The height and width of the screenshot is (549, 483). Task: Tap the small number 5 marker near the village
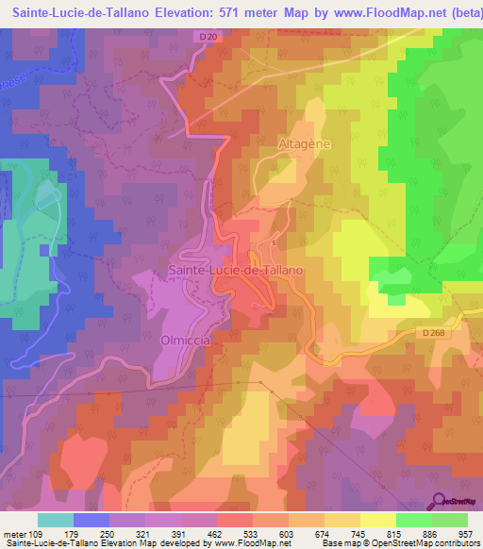click(x=274, y=243)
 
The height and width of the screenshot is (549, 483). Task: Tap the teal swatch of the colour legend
click(x=56, y=520)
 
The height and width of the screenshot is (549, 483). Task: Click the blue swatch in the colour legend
click(x=92, y=520)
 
